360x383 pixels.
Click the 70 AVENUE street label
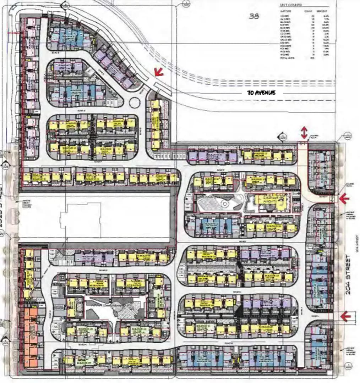(262, 93)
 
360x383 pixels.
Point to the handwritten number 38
(254, 16)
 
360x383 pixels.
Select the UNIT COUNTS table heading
(291, 5)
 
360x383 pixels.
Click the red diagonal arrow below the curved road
(158, 72)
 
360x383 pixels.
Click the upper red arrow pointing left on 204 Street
(344, 199)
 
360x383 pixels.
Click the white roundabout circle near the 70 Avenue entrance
(135, 103)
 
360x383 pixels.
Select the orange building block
(31, 337)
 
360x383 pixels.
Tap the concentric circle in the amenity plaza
(224, 204)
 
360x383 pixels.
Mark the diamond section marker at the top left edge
(64, 4)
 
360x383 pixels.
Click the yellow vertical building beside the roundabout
(155, 124)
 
